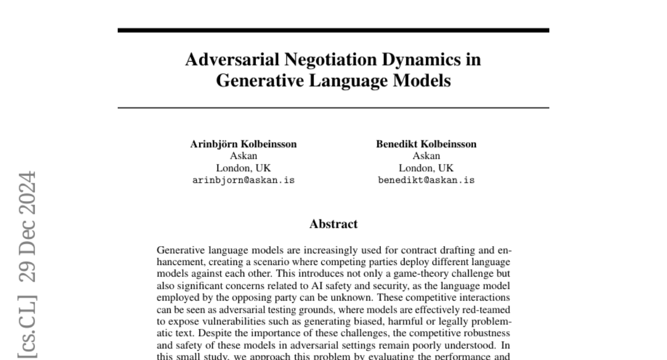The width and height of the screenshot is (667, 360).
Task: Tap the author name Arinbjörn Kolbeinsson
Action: [x=243, y=144]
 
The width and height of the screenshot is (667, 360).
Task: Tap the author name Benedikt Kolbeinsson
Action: [x=426, y=144]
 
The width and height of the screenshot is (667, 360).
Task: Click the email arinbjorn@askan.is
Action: [x=243, y=180]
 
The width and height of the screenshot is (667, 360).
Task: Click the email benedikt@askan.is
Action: [x=426, y=180]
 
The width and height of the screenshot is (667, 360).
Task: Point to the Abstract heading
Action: [x=333, y=224]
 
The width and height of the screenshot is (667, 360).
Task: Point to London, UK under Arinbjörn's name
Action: [x=243, y=168]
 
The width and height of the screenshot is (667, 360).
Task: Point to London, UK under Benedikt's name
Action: [x=426, y=168]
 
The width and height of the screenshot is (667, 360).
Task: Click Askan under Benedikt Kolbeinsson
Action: [x=426, y=156]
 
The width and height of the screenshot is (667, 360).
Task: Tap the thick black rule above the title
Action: [x=333, y=30]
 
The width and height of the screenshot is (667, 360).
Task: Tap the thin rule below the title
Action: [x=333, y=107]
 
